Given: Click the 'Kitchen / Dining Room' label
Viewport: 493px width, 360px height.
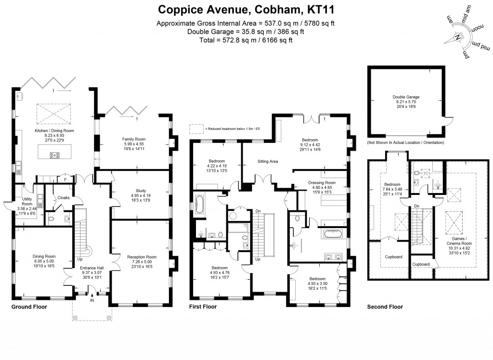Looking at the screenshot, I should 54,131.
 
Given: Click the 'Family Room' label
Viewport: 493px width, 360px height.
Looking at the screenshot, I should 133,139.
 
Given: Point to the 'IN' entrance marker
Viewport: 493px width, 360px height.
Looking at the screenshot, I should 92,301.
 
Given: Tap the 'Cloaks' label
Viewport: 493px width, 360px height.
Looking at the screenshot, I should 64,197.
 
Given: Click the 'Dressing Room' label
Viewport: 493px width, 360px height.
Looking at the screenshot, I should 322,183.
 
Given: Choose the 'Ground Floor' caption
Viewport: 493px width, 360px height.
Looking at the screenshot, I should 29,307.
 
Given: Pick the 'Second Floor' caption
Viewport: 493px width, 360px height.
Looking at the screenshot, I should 385,307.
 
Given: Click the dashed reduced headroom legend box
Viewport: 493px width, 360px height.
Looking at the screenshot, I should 196,129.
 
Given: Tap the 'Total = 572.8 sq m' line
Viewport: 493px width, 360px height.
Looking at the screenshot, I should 247,40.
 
